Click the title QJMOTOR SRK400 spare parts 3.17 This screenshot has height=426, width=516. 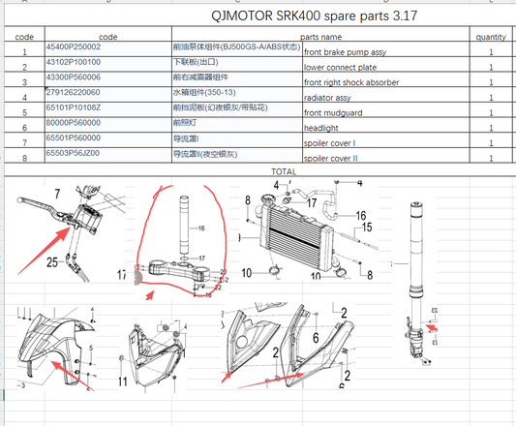click(308, 17)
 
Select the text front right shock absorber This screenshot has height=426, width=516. click(350, 83)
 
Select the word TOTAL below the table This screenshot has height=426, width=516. click(283, 171)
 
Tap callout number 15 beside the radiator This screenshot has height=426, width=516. click(367, 229)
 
